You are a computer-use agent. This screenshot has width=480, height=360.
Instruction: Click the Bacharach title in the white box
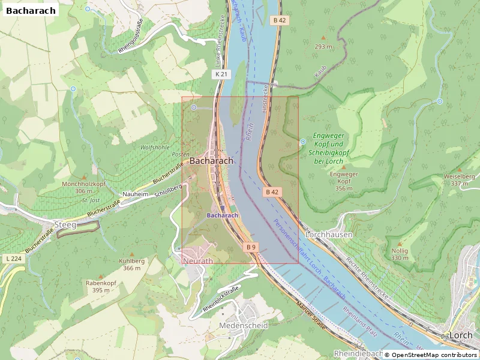[x=31, y=10]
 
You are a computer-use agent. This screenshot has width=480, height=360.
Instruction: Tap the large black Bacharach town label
[x=211, y=161]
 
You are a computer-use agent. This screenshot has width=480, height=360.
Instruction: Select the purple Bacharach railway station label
[x=223, y=215]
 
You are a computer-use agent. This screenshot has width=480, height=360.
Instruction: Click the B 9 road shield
[x=251, y=247]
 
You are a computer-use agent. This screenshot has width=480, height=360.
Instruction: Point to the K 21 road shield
[x=221, y=74]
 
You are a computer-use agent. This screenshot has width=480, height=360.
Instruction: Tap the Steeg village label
[x=65, y=225]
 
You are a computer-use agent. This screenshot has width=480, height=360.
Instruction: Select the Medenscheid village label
[x=244, y=325]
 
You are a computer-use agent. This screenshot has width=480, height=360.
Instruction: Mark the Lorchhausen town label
[x=329, y=235]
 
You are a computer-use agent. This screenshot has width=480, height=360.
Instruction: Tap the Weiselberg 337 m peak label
[x=459, y=180]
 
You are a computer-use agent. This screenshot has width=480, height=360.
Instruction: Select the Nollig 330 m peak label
[x=400, y=254]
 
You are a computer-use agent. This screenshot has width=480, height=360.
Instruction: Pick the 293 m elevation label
[x=323, y=46]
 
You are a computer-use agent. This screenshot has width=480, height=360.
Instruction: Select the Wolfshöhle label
[x=154, y=147]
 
